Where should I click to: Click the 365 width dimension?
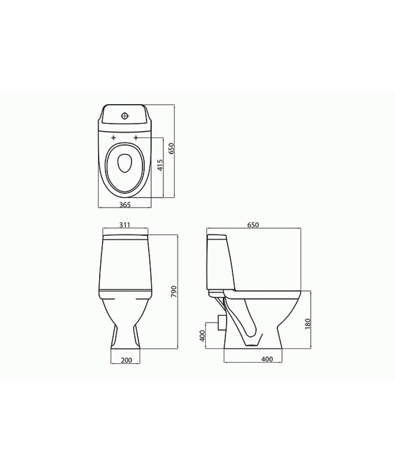click(x=125, y=205)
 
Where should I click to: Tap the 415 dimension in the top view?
click(x=160, y=165)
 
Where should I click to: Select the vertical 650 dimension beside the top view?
click(x=171, y=148)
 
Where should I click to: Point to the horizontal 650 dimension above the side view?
click(x=253, y=225)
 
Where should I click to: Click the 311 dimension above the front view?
click(x=125, y=225)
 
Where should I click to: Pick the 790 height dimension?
click(x=174, y=292)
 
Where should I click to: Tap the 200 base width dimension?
click(x=126, y=360)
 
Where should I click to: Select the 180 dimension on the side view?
click(x=308, y=324)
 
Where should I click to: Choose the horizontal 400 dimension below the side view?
click(x=267, y=359)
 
